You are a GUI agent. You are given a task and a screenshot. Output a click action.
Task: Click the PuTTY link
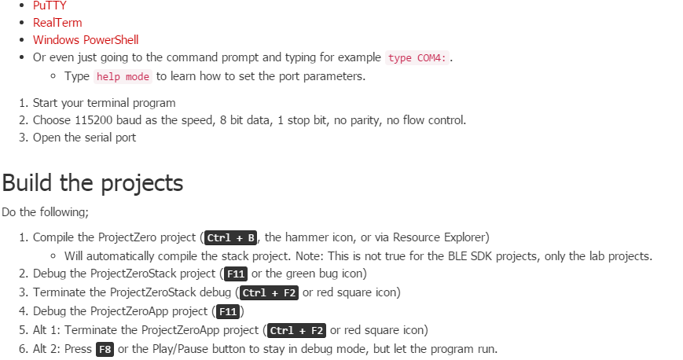click(x=49, y=6)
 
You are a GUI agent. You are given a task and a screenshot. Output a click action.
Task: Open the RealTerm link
click(x=57, y=23)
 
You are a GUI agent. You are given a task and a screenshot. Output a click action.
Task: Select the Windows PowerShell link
click(x=86, y=39)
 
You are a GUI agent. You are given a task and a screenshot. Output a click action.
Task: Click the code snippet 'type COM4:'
click(x=416, y=58)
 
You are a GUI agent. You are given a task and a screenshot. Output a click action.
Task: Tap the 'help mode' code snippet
click(x=122, y=77)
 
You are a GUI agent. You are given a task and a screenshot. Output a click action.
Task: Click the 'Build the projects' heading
click(x=93, y=183)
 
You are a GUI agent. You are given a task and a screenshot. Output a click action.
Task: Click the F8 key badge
click(x=105, y=350)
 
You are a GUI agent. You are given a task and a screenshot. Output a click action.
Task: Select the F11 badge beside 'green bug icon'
click(x=235, y=274)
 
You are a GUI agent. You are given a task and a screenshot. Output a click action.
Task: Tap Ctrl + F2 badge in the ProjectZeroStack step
click(x=270, y=293)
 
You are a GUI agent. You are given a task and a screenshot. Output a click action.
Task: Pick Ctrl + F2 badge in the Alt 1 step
click(x=297, y=331)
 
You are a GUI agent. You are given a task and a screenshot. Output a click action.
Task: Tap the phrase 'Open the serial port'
click(x=84, y=138)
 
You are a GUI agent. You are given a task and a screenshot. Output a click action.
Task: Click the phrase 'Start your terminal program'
click(x=104, y=103)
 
